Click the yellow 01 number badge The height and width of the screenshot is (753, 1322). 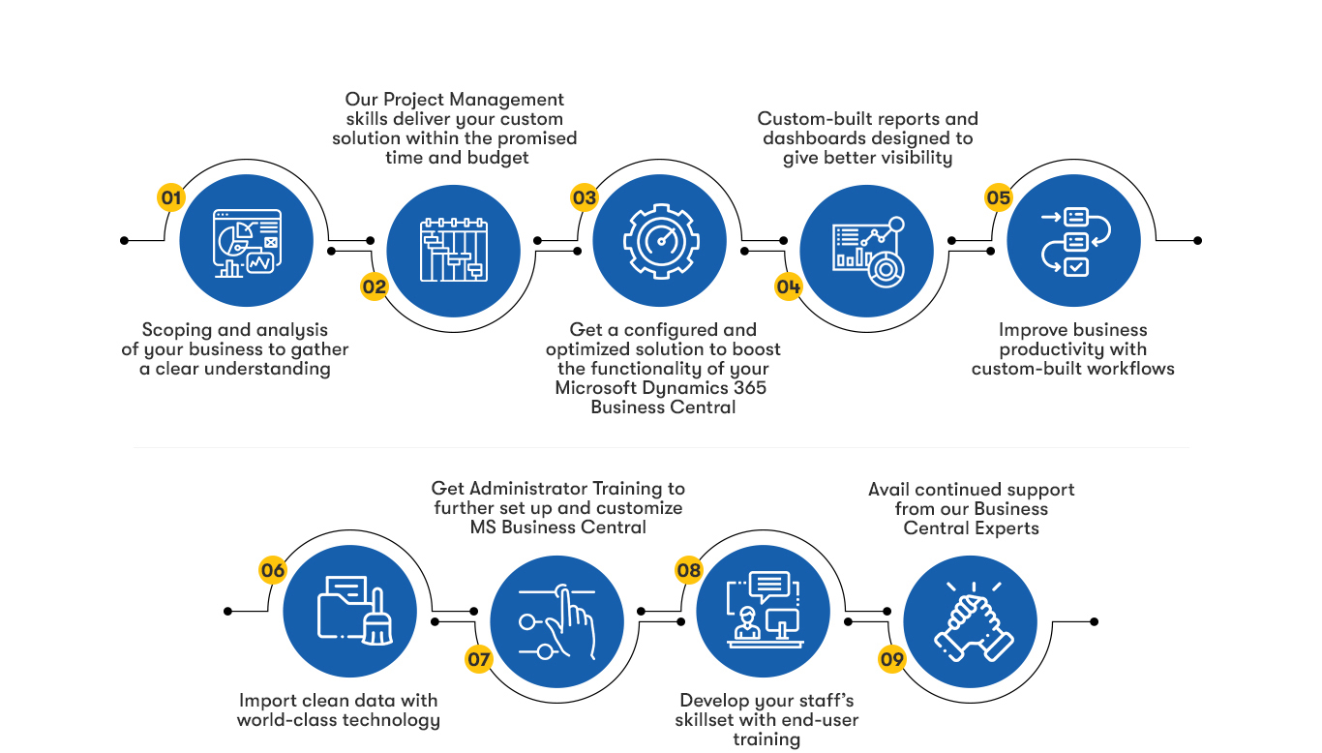pos(171,198)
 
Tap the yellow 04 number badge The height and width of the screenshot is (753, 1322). pos(789,286)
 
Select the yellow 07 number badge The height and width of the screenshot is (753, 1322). pos(479,660)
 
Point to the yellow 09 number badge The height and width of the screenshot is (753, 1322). pos(891,660)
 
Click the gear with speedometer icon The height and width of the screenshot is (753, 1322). pos(660,240)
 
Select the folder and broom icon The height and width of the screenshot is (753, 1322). pos(349,610)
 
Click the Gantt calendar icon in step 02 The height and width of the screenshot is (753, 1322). pos(453,249)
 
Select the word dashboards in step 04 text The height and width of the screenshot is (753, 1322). pos(812,138)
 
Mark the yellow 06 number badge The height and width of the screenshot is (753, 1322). pos(273,570)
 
